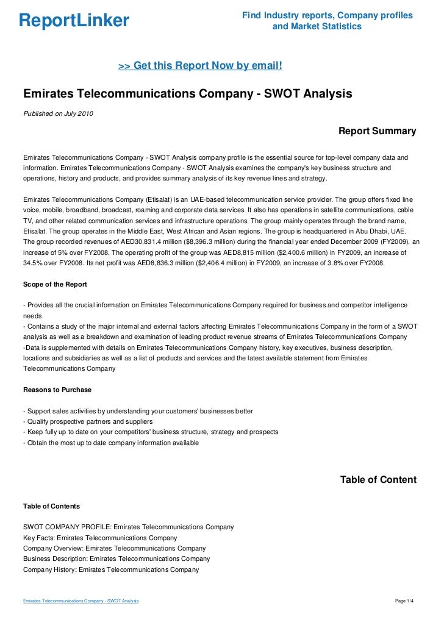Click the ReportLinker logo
pyautogui.click(x=74, y=21)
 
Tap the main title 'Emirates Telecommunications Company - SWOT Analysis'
pyautogui.click(x=188, y=95)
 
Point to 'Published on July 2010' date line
pyautogui.click(x=58, y=114)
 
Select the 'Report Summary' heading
pyautogui.click(x=377, y=131)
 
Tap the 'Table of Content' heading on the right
pyautogui.click(x=378, y=480)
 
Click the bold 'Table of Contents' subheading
pyautogui.click(x=51, y=506)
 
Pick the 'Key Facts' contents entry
pyautogui.click(x=100, y=538)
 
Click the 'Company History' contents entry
pyautogui.click(x=111, y=569)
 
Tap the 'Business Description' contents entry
pyautogui.click(x=116, y=559)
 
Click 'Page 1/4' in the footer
pyautogui.click(x=405, y=602)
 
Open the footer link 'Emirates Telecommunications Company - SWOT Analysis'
pyautogui.click(x=81, y=602)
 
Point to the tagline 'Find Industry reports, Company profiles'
pyautogui.click(x=328, y=15)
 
